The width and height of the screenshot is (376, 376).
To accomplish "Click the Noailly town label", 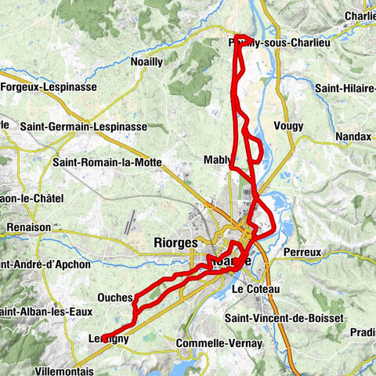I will coord(146,60).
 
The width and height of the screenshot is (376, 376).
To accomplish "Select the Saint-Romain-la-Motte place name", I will coord(107,163).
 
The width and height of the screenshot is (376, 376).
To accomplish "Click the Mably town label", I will coord(217,159).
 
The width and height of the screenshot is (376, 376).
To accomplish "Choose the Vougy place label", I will coord(288,125).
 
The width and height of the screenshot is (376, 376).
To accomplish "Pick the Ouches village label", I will coord(114,298).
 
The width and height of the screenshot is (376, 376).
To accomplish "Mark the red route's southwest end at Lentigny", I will coord(104,338).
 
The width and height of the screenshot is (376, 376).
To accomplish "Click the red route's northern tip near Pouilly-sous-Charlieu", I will coord(244,37).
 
